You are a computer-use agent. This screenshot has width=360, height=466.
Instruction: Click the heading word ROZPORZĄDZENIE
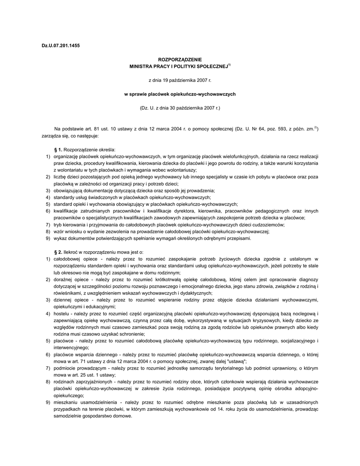[x=179, y=60]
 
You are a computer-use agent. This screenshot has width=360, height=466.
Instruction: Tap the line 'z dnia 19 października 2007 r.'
[x=180, y=81]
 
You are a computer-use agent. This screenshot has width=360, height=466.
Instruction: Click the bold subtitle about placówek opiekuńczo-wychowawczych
[x=180, y=94]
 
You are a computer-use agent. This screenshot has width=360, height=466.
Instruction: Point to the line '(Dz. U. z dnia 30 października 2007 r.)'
[x=180, y=108]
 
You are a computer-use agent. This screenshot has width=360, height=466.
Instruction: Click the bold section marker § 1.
[x=58, y=150]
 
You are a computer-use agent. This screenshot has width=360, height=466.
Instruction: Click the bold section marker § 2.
[x=58, y=252]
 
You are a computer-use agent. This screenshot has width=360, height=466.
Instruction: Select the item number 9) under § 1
[x=47, y=238]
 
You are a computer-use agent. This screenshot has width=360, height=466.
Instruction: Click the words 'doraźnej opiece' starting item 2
[x=70, y=279]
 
